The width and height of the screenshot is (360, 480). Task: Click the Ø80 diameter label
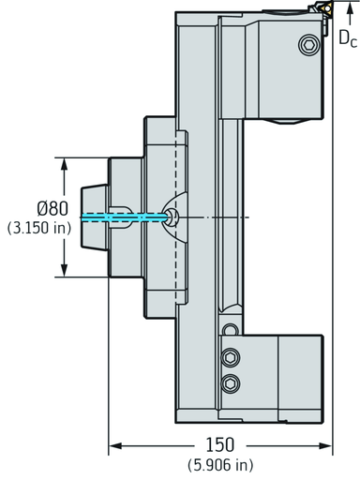(52, 208)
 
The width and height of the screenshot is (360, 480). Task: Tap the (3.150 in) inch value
(39, 228)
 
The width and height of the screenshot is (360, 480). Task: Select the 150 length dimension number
(219, 444)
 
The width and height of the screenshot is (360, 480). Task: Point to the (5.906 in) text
(220, 465)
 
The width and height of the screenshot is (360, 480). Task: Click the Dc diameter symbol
(348, 38)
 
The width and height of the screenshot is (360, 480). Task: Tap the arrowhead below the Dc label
(350, 8)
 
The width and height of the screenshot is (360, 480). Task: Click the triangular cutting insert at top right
(326, 8)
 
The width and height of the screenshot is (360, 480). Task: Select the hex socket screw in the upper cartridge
(309, 45)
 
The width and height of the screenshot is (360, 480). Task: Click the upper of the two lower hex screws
(231, 357)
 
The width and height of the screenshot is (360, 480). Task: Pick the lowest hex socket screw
(231, 383)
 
